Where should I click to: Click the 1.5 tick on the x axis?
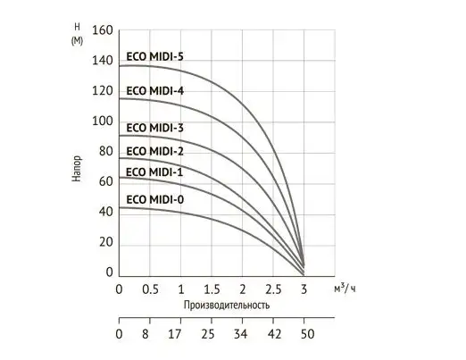(x=212, y=290)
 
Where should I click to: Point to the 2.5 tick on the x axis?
(x=273, y=290)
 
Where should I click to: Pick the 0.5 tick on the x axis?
(x=151, y=290)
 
